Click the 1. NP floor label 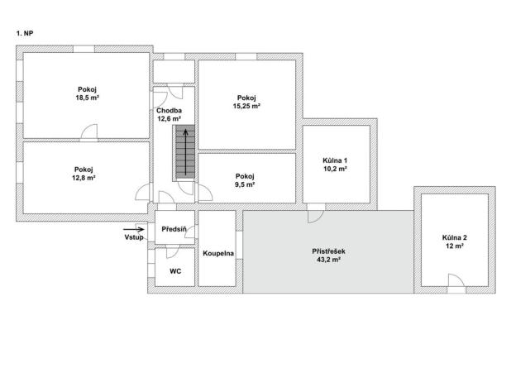[25, 33]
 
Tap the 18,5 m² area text [87, 98]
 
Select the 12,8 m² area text [84, 178]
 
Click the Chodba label [169, 111]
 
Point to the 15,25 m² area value [246, 107]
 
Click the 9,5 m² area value [245, 184]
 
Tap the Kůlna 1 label [335, 160]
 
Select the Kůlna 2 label [455, 237]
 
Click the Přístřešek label [328, 251]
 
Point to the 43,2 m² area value [328, 260]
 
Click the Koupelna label [218, 253]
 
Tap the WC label [175, 271]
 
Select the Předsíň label [174, 229]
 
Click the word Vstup [134, 237]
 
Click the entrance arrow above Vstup [134, 229]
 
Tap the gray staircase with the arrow [185, 152]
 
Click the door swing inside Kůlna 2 [456, 280]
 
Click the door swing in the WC [173, 253]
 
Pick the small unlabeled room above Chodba [174, 71]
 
